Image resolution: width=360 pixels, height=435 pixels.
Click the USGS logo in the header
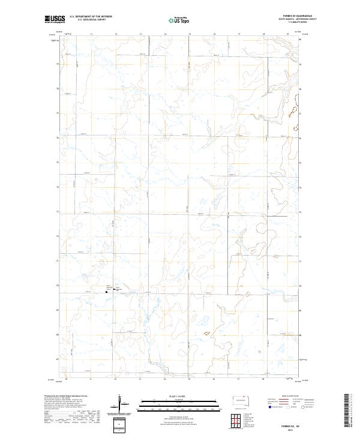click(55, 20)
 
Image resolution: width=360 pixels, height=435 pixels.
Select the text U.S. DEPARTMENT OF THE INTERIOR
click(91, 17)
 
